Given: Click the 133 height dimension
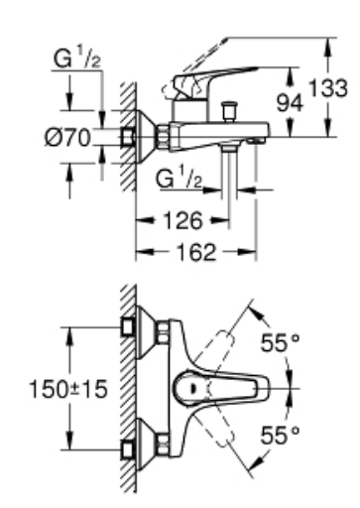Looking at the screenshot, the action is click(327, 88).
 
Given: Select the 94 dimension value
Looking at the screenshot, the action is click(290, 102).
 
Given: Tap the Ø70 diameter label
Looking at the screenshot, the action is click(67, 138).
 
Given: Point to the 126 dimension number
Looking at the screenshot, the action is click(182, 220).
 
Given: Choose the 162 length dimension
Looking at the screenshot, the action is click(196, 252).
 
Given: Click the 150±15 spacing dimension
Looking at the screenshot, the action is click(68, 389).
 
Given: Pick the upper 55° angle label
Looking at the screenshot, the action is click(281, 342).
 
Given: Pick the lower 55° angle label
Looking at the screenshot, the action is click(281, 436).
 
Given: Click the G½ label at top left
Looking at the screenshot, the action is click(77, 58).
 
